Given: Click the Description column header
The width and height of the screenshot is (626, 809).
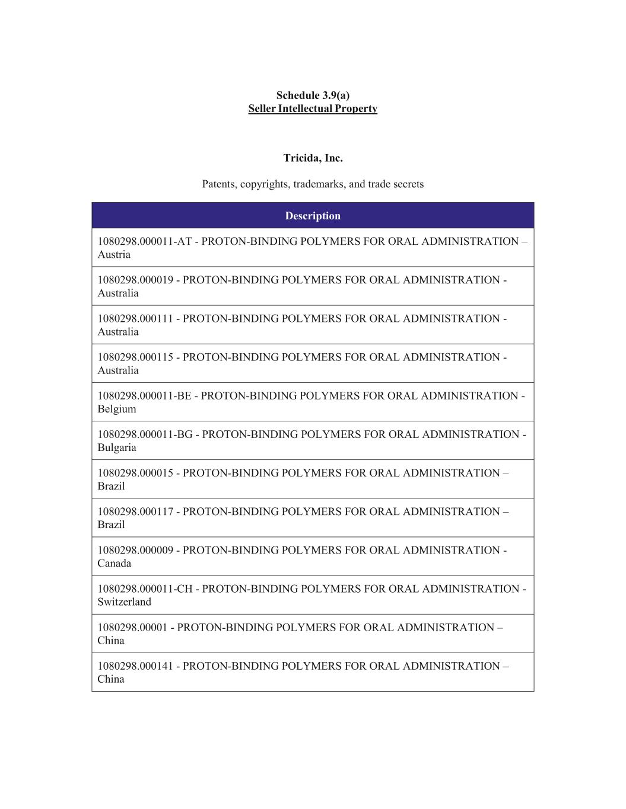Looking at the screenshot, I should click(313, 216).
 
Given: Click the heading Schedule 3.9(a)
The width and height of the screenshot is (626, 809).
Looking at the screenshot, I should click(313, 95).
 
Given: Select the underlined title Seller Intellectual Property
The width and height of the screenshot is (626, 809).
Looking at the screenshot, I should click(313, 108).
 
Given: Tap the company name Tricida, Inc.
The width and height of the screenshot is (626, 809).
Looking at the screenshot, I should click(313, 158).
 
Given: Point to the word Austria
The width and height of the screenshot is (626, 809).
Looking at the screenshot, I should click(114, 255).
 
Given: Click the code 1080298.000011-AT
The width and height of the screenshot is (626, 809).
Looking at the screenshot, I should click(144, 242).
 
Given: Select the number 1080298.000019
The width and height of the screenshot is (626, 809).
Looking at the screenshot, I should click(135, 280).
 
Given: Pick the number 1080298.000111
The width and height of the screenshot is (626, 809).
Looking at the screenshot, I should click(135, 319).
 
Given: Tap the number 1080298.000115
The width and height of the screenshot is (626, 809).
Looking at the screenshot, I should click(135, 357).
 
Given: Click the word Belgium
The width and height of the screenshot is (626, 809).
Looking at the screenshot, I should click(117, 409).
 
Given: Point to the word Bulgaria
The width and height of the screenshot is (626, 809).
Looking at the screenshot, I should click(117, 447).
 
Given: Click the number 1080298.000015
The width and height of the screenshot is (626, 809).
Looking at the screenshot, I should click(135, 473).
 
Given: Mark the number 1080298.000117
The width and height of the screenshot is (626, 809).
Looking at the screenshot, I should click(135, 511).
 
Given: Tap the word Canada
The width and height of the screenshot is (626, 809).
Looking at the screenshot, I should click(115, 563).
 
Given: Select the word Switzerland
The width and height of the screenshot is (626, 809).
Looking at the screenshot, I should click(125, 602).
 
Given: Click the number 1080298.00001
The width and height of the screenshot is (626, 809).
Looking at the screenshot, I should click(132, 627).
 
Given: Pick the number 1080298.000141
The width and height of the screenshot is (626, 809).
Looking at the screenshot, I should click(135, 666).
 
